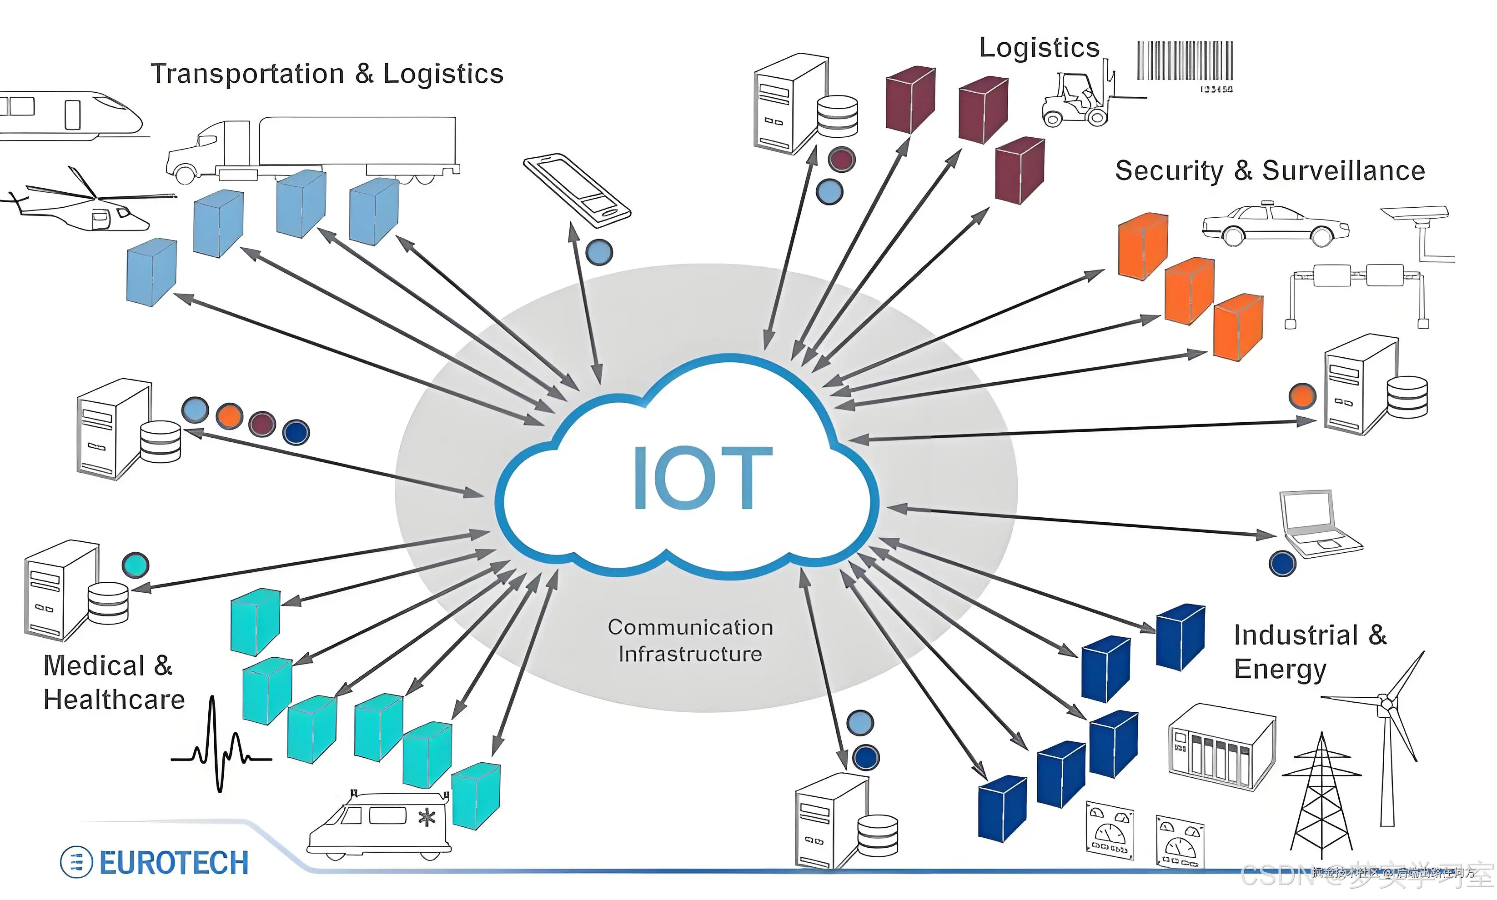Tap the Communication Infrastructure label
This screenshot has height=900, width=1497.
pyautogui.click(x=690, y=641)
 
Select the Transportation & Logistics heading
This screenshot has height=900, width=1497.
pyautogui.click(x=327, y=74)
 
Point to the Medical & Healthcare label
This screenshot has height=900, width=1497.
pyautogui.click(x=113, y=683)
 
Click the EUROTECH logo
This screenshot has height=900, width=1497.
pyautogui.click(x=155, y=862)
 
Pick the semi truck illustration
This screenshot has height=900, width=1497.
pyautogui.click(x=312, y=149)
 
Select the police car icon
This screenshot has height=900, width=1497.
pyautogui.click(x=1274, y=225)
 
